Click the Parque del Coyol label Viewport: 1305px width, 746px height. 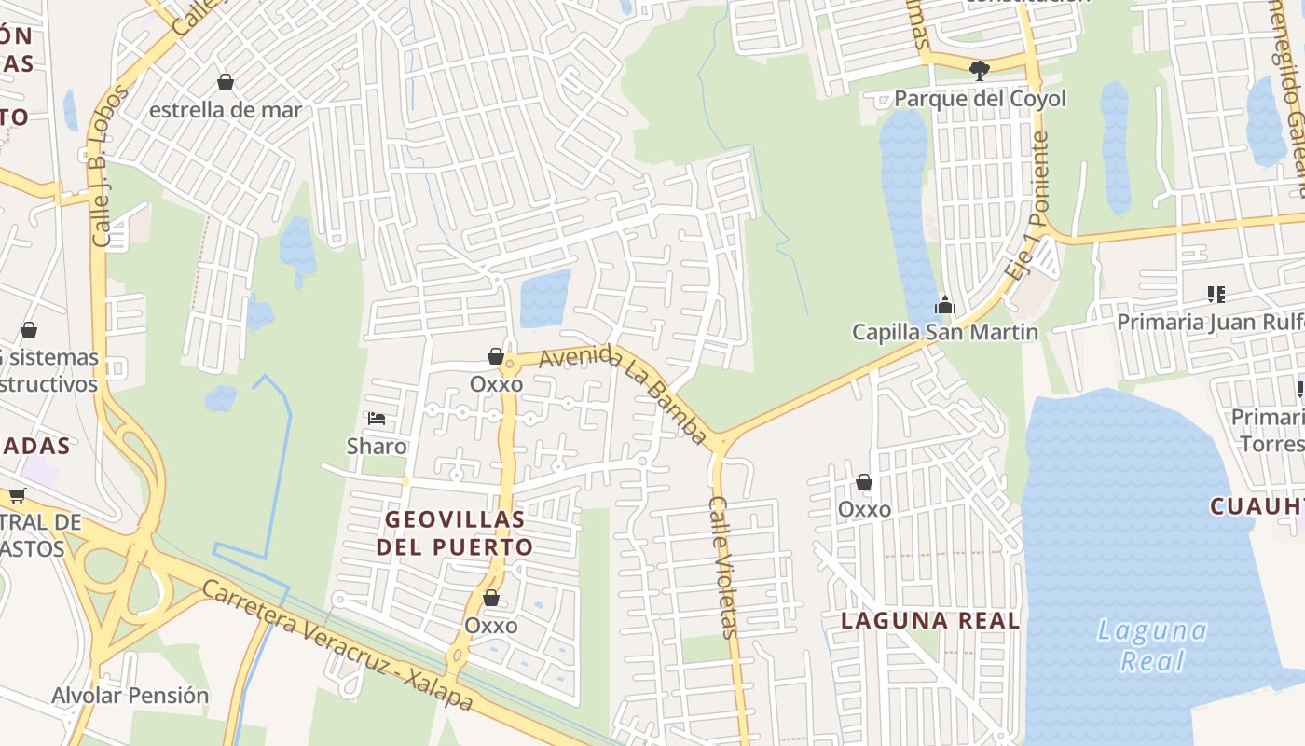(x=980, y=98)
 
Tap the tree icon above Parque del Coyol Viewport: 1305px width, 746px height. (x=979, y=70)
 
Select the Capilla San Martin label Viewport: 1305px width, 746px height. (x=945, y=331)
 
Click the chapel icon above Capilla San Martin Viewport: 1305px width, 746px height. (x=945, y=305)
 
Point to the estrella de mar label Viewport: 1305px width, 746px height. (x=226, y=109)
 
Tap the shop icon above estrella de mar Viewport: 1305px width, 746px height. (x=225, y=82)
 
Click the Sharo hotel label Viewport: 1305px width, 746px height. (x=377, y=446)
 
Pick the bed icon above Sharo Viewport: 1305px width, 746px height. (x=377, y=419)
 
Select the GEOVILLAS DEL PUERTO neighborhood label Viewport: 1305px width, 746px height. (x=455, y=532)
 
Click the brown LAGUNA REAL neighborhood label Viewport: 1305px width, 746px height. (x=930, y=620)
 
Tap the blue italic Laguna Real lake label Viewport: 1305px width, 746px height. (x=1153, y=645)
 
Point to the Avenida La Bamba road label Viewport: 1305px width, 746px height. (x=622, y=394)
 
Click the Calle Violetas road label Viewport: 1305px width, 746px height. (x=722, y=566)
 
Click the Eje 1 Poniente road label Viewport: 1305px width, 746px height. (x=1028, y=207)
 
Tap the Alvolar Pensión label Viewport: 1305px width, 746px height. (x=130, y=695)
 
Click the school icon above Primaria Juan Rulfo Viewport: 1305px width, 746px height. (x=1216, y=295)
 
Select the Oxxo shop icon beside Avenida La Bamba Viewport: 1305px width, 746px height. (x=496, y=356)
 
